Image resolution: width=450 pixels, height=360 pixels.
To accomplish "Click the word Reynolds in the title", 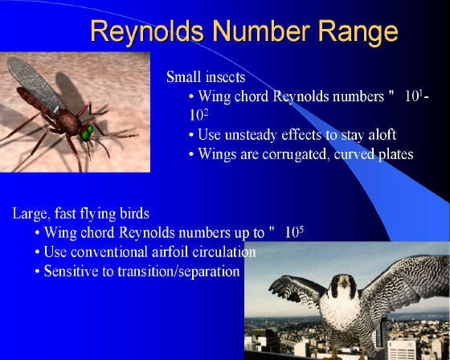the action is pos(147,31).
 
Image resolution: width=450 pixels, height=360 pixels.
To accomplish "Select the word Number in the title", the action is pos(261,31).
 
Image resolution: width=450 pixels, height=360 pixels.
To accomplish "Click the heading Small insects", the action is pos(206,77).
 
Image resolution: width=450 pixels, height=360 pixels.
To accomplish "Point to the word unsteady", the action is pos(251,135).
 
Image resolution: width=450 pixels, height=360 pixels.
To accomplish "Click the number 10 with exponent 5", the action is pos(294,231).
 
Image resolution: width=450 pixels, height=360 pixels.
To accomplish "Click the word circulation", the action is pos(224,252).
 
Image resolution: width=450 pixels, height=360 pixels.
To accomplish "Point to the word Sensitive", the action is pos(72,271).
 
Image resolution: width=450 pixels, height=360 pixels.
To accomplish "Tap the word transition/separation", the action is pos(178,272).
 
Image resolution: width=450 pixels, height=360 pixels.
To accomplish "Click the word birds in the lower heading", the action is pos(135,214).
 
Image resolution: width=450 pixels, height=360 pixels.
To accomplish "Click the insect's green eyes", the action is pos(87,133).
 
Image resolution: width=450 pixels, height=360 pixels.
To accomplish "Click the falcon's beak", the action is pos(344,283).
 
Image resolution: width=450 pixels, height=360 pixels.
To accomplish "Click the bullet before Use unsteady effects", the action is pos(191,135).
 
